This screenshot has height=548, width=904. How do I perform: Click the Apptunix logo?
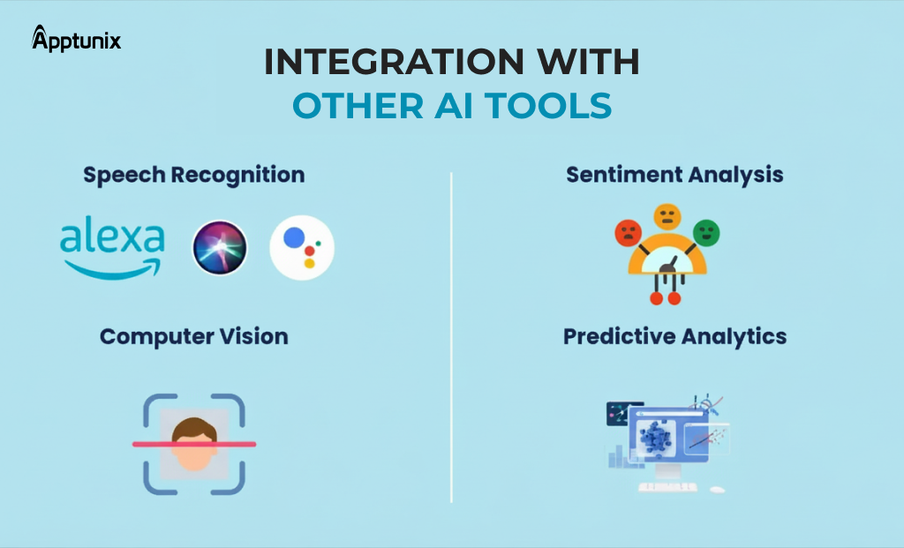[x=76, y=39]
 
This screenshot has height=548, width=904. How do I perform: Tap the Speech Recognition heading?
[x=194, y=175]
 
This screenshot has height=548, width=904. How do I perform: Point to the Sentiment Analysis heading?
[x=674, y=175]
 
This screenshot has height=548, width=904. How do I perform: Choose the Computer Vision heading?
[x=193, y=336]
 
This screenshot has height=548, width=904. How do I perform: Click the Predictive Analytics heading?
[x=674, y=336]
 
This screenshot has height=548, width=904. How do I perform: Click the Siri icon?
[x=220, y=248]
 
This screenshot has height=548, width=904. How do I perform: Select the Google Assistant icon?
[x=302, y=248]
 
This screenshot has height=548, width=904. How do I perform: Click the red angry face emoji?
[x=628, y=234]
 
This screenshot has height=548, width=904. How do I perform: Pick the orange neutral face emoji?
[x=667, y=216]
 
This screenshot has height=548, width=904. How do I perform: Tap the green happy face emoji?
[x=706, y=233]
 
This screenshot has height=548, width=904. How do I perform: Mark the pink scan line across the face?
[x=194, y=445]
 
